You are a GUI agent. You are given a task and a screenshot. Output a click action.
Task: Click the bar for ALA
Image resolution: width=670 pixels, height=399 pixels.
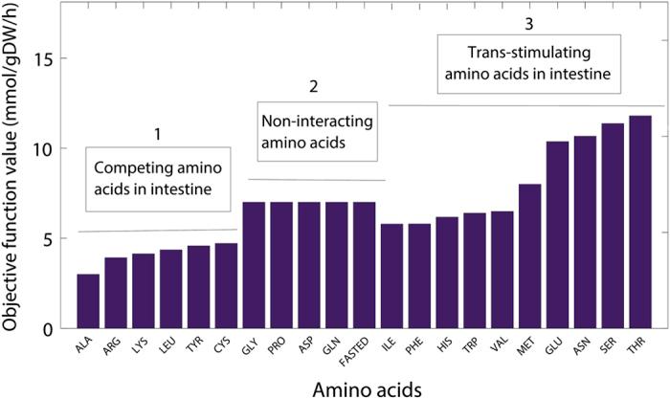tap(88, 301)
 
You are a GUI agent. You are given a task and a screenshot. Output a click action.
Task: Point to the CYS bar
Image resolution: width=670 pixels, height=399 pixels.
tap(226, 286)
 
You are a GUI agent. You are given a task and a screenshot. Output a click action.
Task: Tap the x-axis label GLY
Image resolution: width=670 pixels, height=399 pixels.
tap(251, 345)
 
